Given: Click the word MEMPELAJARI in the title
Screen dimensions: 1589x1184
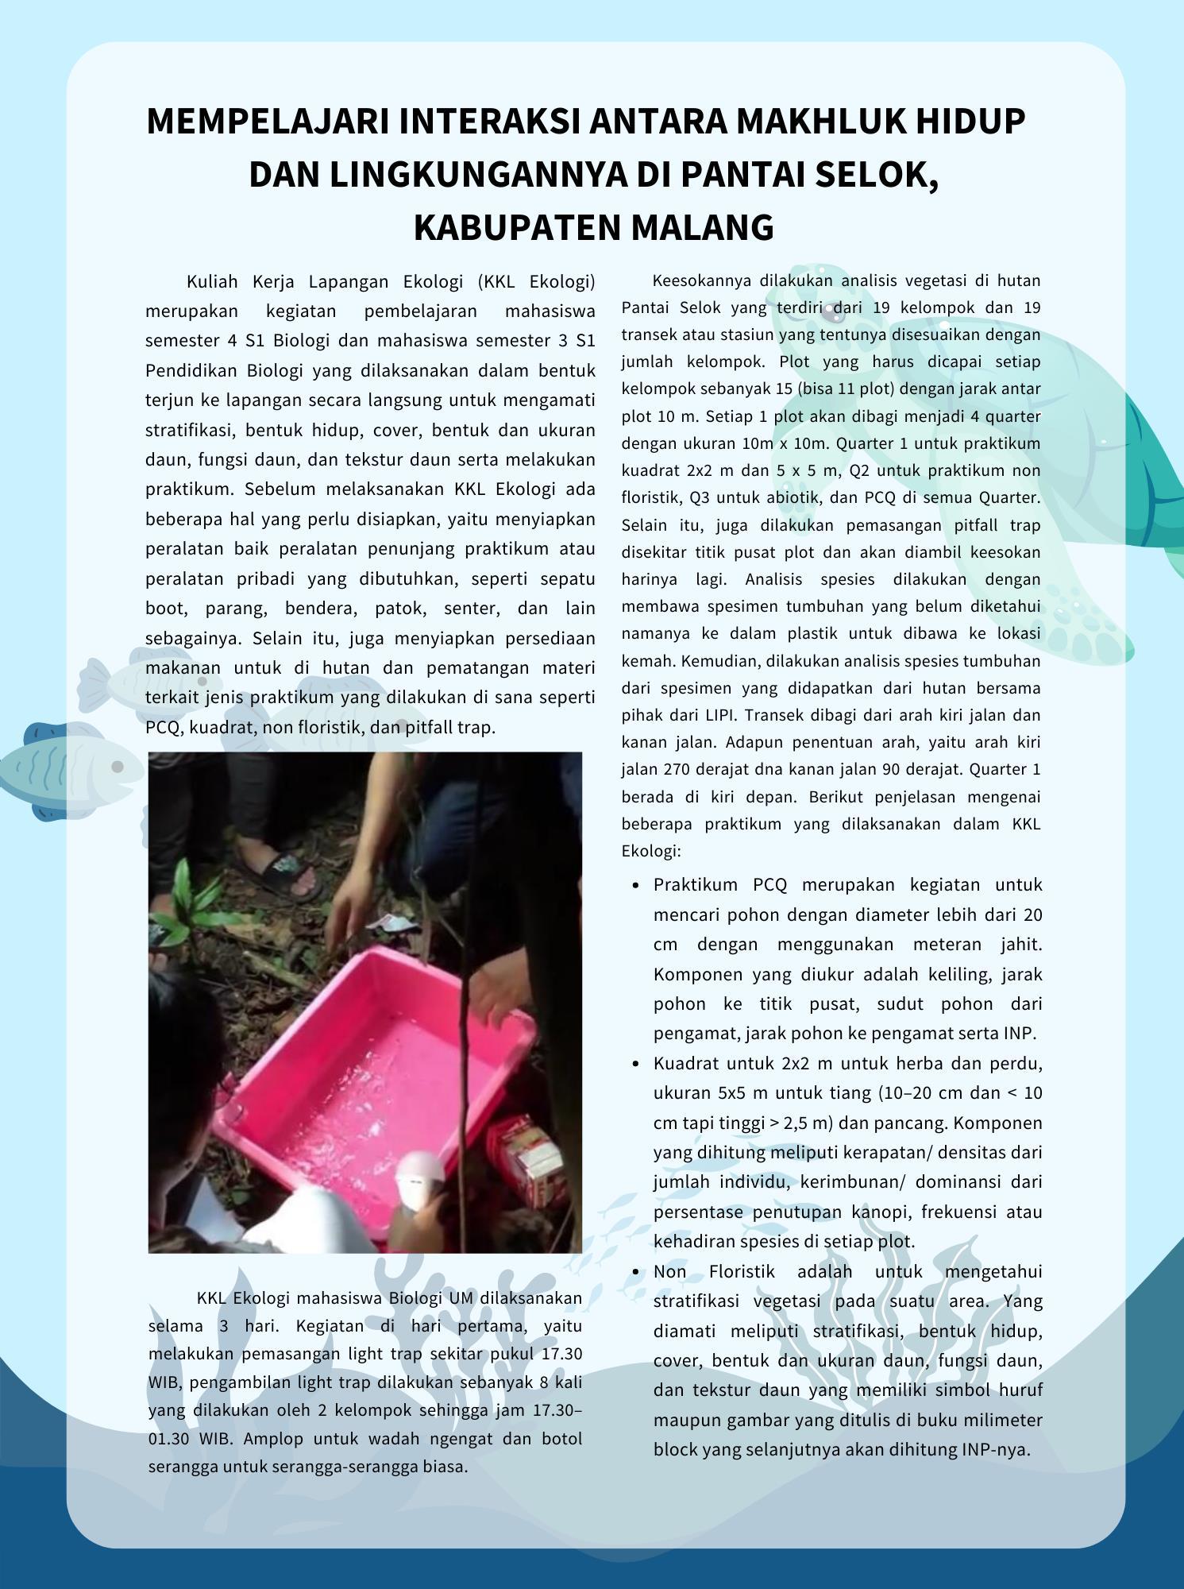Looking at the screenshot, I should pos(267,122).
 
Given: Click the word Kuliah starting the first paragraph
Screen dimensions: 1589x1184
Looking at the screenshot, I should pos(212,282).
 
